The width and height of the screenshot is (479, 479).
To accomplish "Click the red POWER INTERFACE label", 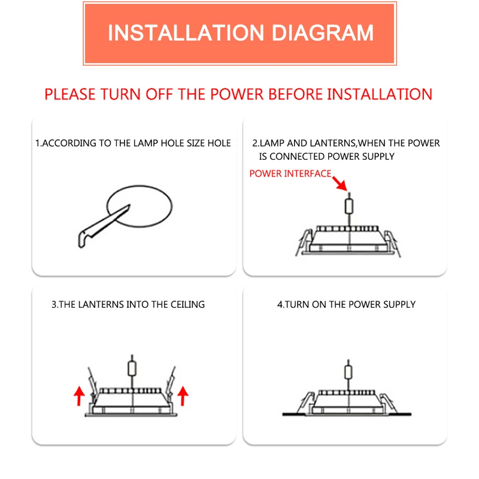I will point(290,174).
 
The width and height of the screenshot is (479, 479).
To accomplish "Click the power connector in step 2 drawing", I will point(349,206).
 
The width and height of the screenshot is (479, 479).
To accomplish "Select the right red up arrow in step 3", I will point(183,396).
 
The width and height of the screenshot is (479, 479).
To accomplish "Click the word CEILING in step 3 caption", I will point(186,304).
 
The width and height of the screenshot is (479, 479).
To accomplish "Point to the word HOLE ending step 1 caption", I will point(219,143).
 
